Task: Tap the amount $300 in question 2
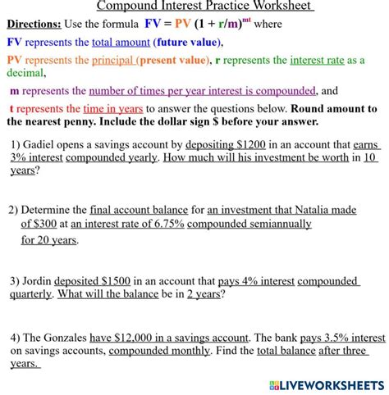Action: [52, 223]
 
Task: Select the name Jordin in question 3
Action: [41, 281]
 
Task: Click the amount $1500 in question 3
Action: [114, 281]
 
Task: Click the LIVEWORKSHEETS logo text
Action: [326, 384]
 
